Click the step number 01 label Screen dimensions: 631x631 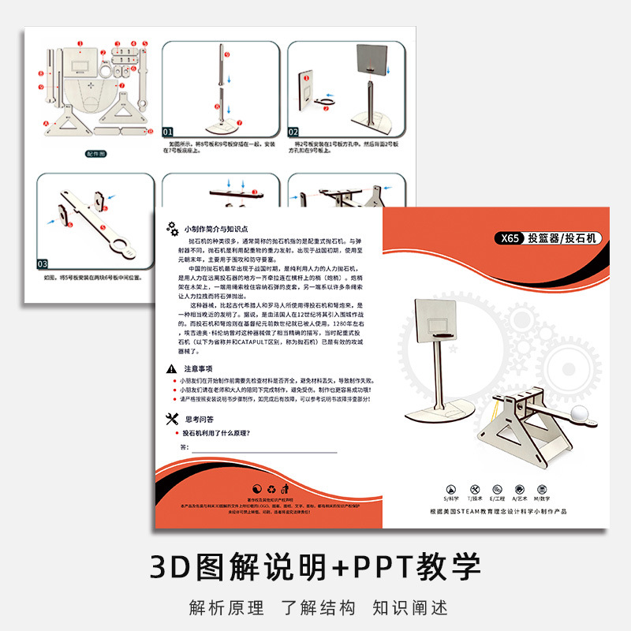[x=168, y=132]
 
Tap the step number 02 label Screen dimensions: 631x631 [x=293, y=132]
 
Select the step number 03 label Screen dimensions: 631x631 [x=43, y=263]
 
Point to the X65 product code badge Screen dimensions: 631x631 [x=506, y=238]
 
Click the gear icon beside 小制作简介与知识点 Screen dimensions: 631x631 [x=172, y=228]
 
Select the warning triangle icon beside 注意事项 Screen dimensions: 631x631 [x=172, y=368]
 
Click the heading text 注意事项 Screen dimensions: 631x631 [x=198, y=368]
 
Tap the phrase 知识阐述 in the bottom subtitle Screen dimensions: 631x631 [x=410, y=608]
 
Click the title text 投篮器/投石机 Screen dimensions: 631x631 [x=564, y=238]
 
